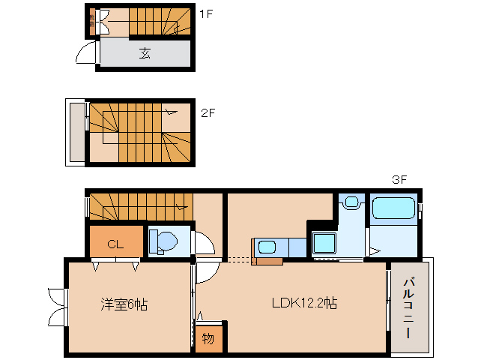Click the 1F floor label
(x=207, y=13)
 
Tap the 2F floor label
(x=208, y=113)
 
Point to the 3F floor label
(x=399, y=180)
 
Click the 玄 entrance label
(x=145, y=53)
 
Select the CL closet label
(x=115, y=243)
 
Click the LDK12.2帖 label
(x=303, y=304)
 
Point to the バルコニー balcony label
(x=411, y=308)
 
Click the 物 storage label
(x=208, y=338)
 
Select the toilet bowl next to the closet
(x=163, y=241)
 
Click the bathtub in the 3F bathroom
(x=393, y=208)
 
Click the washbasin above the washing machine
(x=350, y=202)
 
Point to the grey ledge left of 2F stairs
(x=77, y=132)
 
